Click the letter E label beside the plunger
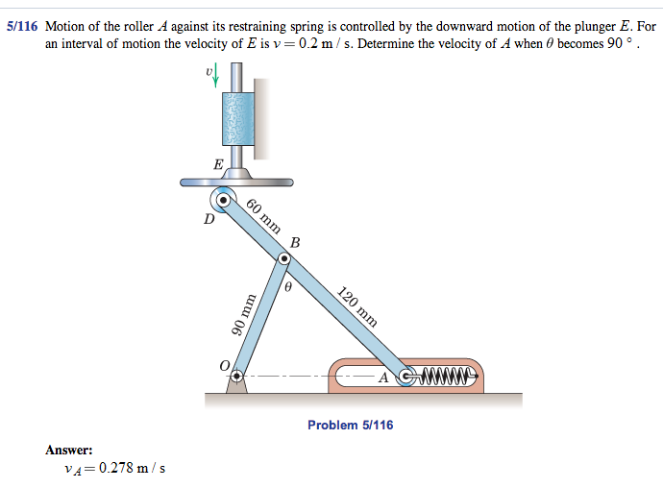click(x=218, y=164)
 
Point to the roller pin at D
click(x=223, y=201)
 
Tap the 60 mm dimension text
click(x=263, y=216)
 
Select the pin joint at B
click(x=283, y=258)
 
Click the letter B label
click(x=295, y=243)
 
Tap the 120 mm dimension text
click(x=357, y=305)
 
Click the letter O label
click(x=224, y=366)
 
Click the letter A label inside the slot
click(x=383, y=377)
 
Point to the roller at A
click(x=405, y=375)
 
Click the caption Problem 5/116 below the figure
click(x=350, y=425)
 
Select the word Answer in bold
click(x=69, y=449)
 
